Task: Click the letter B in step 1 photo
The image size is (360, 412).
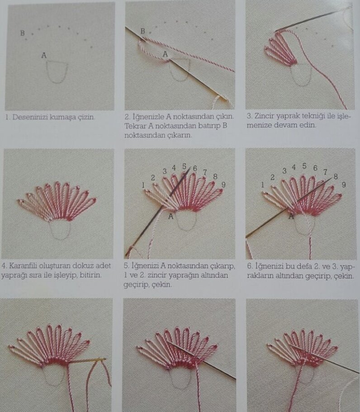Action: click(23, 33)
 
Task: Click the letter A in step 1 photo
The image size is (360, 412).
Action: click(44, 56)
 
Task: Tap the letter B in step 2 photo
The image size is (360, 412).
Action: click(142, 31)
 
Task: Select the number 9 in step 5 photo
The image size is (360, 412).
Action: click(223, 185)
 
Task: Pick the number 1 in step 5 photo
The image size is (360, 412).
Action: click(143, 185)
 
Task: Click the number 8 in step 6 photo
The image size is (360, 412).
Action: click(336, 177)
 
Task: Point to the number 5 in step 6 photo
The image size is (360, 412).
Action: click(304, 166)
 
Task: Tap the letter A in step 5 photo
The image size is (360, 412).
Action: click(171, 217)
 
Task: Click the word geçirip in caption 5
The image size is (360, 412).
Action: click(136, 285)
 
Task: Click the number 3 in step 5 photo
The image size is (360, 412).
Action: click(165, 171)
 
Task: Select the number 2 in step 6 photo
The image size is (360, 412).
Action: click(273, 177)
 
